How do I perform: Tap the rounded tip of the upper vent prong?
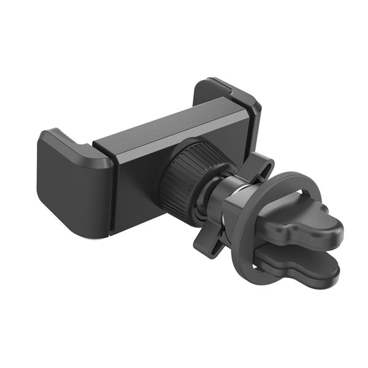tap(334, 233)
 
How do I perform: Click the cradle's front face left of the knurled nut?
tap(138, 184)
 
